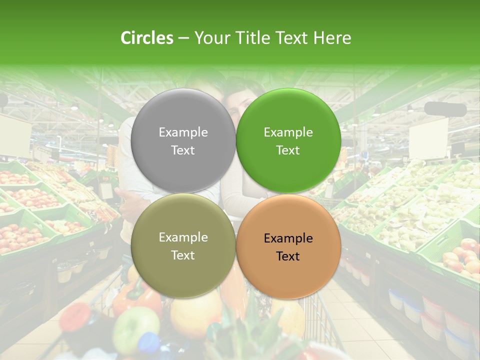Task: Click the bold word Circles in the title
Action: point(147,38)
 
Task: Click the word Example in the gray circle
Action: point(183,132)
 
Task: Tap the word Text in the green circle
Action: point(288,150)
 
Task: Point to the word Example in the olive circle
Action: point(183,237)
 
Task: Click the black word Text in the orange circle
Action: point(288,256)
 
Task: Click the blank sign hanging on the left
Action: point(14,133)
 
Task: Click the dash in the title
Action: point(183,38)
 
